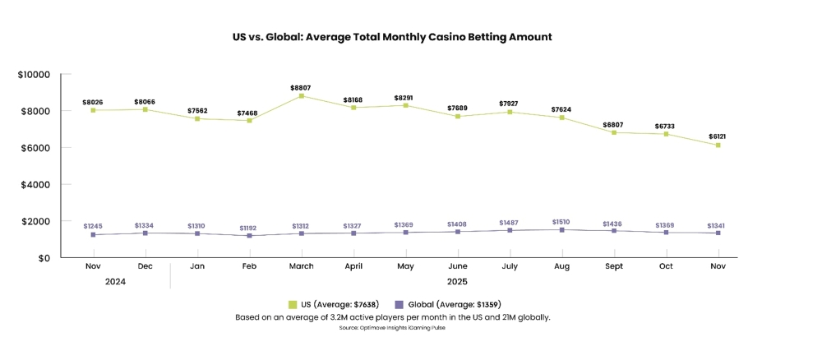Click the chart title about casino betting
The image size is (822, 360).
coord(392,37)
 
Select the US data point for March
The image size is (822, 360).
coord(302,95)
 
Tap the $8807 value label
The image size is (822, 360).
coord(302,87)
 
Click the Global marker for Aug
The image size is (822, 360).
coord(561,230)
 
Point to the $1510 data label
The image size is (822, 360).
coord(561,222)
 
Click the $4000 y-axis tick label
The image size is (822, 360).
coord(36,185)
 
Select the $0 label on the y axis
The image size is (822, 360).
coord(44,258)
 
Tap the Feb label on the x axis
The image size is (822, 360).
coord(249,266)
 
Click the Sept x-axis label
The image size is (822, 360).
coord(613,266)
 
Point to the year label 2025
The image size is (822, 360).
coord(457,281)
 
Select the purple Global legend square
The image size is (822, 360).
coord(399,305)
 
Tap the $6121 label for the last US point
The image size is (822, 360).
coord(718,136)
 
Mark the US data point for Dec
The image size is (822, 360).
coord(145,109)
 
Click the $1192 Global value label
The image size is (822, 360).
coord(249,228)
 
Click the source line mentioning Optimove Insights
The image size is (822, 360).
coord(392,328)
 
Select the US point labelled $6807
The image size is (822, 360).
coord(613,132)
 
